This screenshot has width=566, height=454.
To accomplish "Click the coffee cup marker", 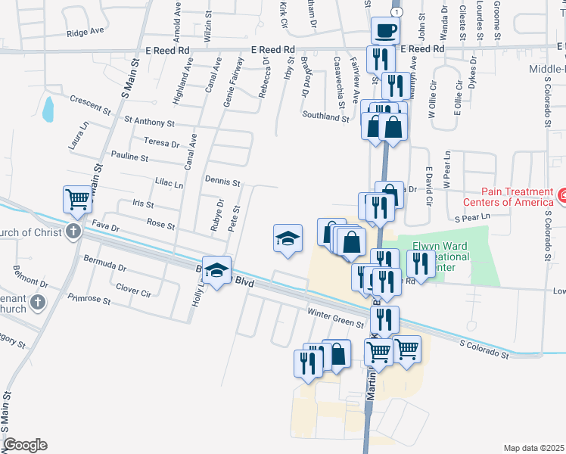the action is [386, 31].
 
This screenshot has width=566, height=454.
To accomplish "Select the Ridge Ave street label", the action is [85, 33].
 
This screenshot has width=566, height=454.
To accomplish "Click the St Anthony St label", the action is [149, 121].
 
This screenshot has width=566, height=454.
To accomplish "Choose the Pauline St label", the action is [129, 157].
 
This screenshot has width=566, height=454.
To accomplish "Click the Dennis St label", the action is [222, 182].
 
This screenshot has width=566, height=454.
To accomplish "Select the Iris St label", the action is [143, 204].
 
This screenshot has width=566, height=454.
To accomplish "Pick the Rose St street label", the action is [161, 225].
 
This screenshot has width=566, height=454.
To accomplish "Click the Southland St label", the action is [325, 117].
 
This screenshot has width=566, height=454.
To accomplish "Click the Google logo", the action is [25, 444].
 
